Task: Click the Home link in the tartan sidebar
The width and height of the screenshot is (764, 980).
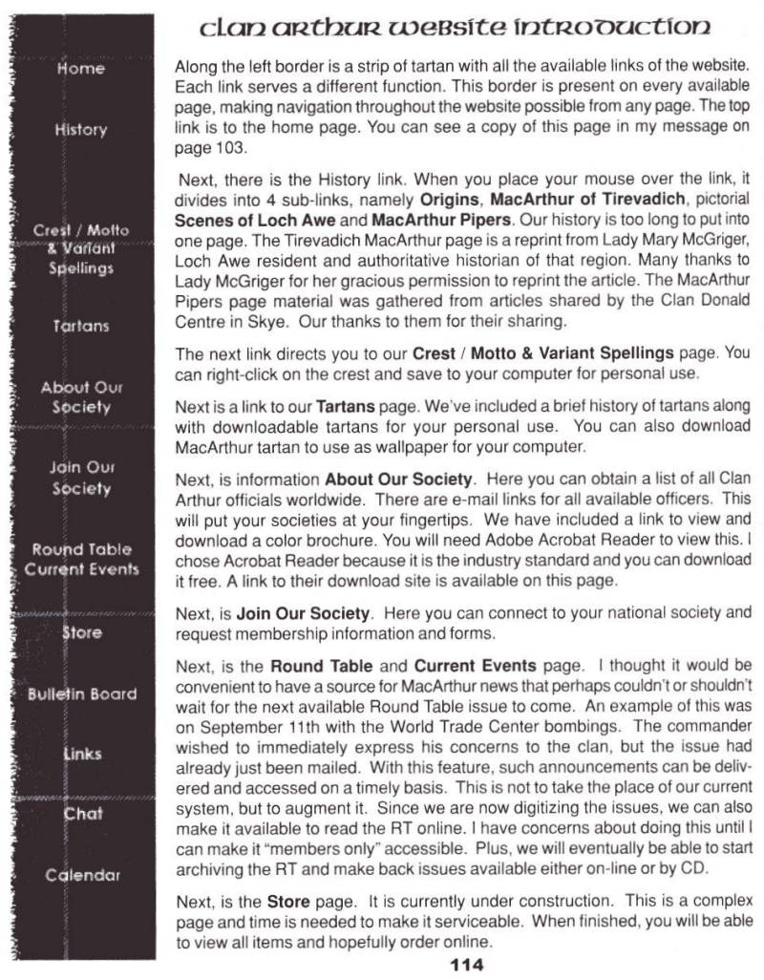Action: coord(80,69)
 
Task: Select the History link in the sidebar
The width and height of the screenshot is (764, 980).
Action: coord(80,129)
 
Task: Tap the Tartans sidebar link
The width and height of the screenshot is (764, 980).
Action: coord(80,326)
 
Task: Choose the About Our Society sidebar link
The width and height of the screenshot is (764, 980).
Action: coord(80,397)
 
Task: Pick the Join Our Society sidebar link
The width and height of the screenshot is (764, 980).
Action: coord(80,479)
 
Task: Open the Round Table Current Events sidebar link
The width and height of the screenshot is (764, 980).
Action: coord(81,560)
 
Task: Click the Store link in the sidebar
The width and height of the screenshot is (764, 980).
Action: coord(82,631)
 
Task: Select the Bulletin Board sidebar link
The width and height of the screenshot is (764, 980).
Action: coord(80,693)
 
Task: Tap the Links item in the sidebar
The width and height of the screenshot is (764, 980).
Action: coord(82,754)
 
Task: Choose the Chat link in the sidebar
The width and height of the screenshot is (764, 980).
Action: coord(82,814)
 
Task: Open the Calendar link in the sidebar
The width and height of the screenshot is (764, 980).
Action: coord(80,875)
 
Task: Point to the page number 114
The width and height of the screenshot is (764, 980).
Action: coord(466,965)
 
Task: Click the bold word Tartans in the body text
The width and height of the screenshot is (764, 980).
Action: coord(343,408)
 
